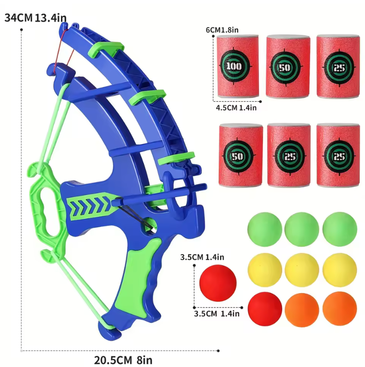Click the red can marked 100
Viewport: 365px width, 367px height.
click(238, 66)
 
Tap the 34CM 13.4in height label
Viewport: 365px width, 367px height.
click(35, 18)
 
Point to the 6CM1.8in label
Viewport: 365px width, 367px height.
click(223, 30)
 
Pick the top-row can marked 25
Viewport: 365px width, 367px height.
click(337, 66)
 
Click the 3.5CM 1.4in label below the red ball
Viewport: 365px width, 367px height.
click(217, 314)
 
